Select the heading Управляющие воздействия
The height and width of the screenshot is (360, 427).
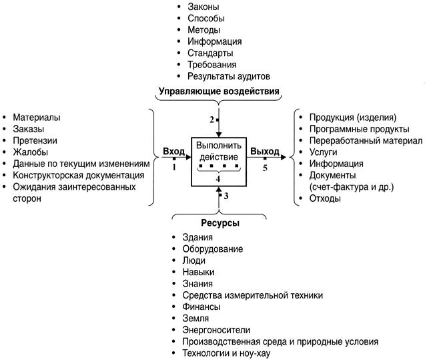(x=219, y=90)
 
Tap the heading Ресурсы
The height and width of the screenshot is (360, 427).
(x=220, y=222)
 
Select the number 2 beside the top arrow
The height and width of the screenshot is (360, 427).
(x=211, y=120)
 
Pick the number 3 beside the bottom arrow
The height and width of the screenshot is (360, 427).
(x=226, y=196)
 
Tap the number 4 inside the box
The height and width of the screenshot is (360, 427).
(x=218, y=178)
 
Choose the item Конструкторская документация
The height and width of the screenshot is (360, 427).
(x=73, y=175)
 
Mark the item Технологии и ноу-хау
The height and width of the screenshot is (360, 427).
(x=227, y=353)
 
